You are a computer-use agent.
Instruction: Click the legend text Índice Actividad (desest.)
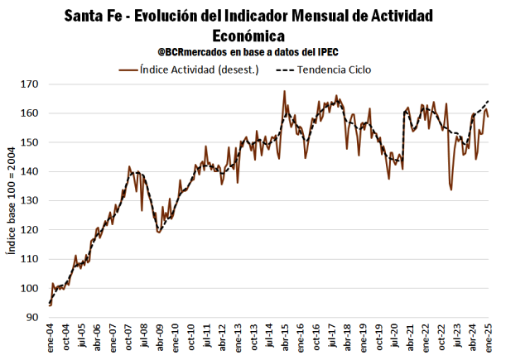[x=200, y=70]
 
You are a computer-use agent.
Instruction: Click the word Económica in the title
[x=248, y=36]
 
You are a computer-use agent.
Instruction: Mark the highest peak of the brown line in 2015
[x=284, y=91]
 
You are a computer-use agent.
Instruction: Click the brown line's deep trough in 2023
[x=451, y=190]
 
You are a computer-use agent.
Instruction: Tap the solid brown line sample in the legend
[x=128, y=70]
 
